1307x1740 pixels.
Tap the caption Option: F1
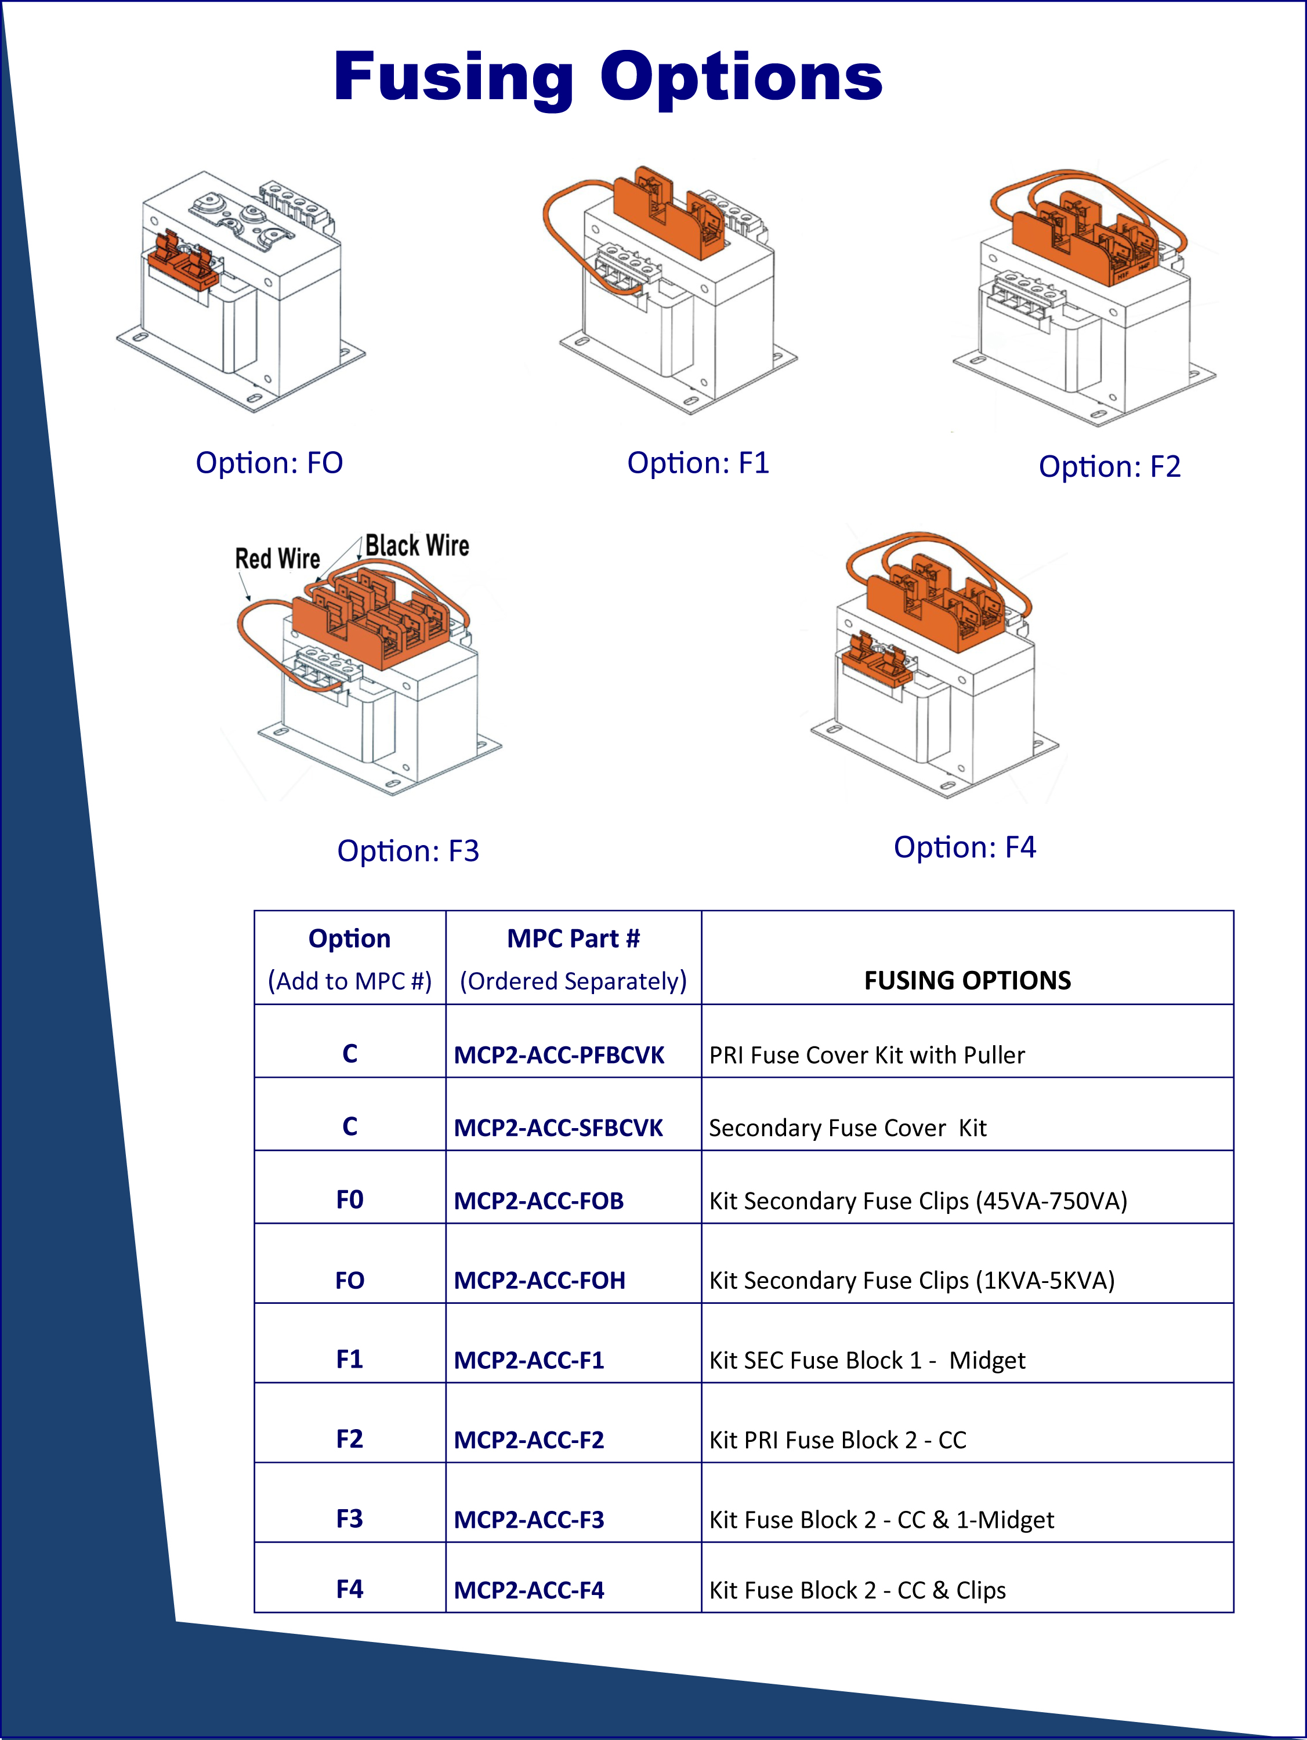pos(697,462)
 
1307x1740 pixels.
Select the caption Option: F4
pos(964,847)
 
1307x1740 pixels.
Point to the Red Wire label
pos(277,559)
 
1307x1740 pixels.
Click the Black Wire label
pos(417,545)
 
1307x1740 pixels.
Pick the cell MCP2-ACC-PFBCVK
pos(559,1055)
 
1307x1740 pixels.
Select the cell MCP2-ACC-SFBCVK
pos(558,1128)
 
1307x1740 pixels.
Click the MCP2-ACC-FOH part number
pos(539,1281)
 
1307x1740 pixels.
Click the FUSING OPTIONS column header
pos(967,980)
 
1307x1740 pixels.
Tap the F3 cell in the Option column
pos(349,1518)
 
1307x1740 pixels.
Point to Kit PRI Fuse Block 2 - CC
pos(837,1440)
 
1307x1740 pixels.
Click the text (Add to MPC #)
pos(349,981)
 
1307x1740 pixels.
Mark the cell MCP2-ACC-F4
pos(529,1590)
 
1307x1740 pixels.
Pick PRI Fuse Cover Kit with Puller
pos(866,1055)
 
